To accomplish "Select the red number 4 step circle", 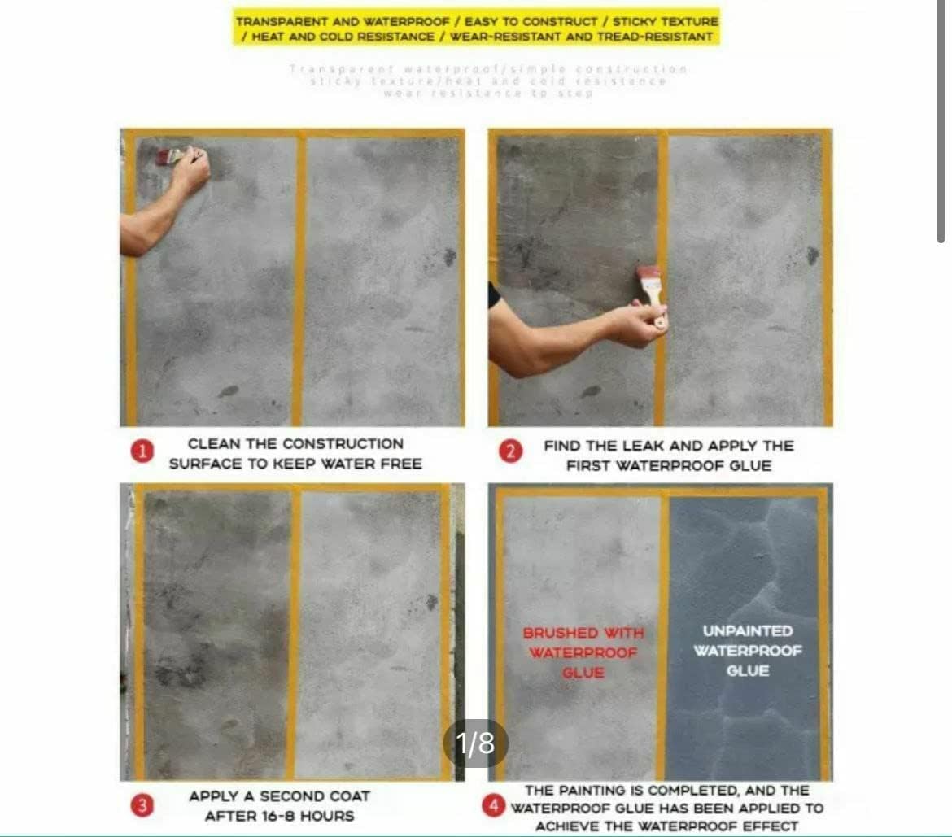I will pos(493,807).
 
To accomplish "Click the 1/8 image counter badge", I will pos(475,743).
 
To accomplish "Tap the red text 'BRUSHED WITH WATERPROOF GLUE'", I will pos(583,652).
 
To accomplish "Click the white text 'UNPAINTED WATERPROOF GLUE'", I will pos(747,651).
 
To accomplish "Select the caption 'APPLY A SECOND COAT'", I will pos(279,796).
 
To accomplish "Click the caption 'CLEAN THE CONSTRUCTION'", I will pos(295,444).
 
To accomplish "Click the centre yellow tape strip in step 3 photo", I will pos(294,634).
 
